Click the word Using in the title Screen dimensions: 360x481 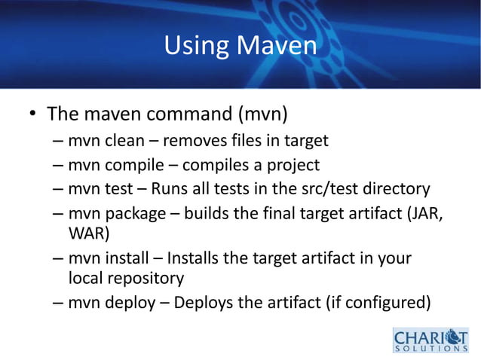click(198, 47)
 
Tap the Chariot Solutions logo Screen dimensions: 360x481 click(430, 339)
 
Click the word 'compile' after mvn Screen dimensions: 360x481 click(131, 165)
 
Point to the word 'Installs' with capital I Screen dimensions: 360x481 click(194, 258)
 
